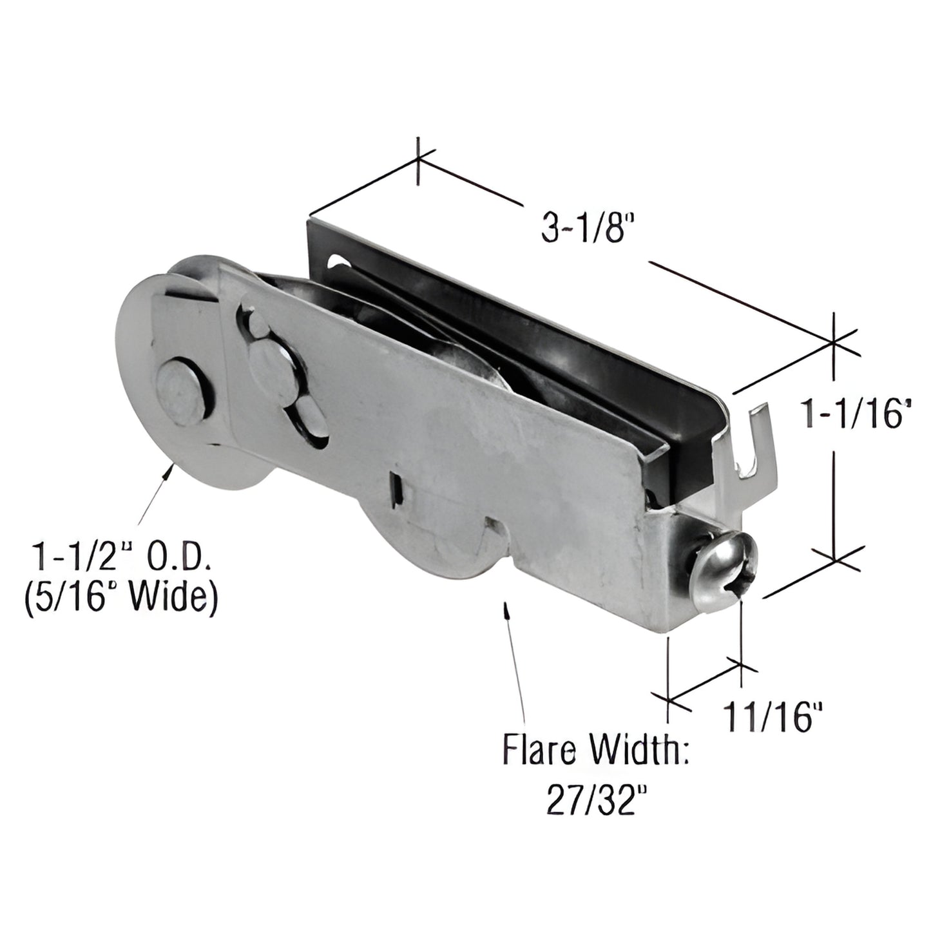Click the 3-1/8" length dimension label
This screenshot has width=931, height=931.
tap(584, 228)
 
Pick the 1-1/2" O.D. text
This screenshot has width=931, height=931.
tap(120, 555)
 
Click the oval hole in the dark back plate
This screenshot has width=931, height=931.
tap(340, 264)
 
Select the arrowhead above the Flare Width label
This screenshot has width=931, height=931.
tap(508, 609)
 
